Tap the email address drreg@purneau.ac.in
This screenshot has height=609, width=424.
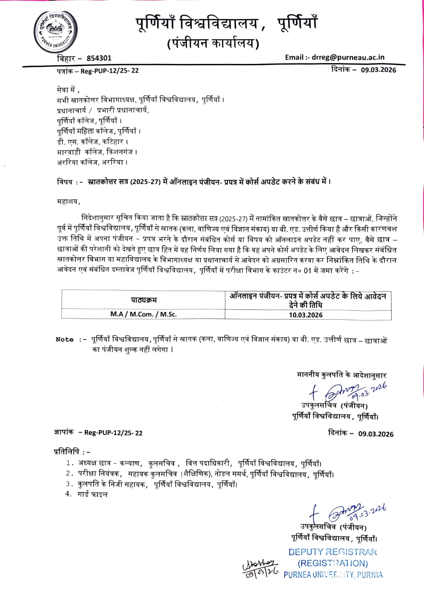(x=348, y=57)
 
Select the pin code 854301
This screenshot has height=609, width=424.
(x=99, y=58)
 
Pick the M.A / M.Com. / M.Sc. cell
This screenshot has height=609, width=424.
(x=143, y=314)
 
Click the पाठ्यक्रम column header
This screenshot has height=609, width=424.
(x=144, y=300)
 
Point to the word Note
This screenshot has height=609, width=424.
(x=64, y=340)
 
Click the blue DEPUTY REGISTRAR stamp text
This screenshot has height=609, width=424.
(x=332, y=552)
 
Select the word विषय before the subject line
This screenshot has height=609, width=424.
(x=65, y=182)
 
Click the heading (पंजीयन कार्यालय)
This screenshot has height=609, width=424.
(x=213, y=43)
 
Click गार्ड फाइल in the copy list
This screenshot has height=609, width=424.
(x=93, y=494)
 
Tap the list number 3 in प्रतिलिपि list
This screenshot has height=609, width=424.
(x=68, y=484)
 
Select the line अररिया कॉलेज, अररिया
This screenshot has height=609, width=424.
(x=92, y=162)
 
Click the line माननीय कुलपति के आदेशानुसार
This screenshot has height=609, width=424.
(x=342, y=375)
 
